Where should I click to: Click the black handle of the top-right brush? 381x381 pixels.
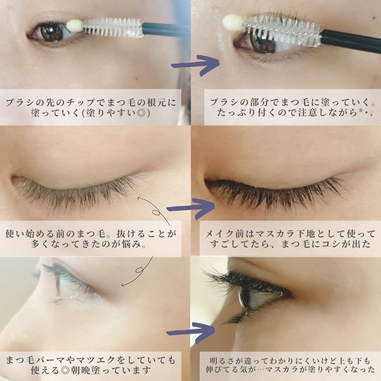point(349,41)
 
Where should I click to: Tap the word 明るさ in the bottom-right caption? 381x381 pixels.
point(222,360)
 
